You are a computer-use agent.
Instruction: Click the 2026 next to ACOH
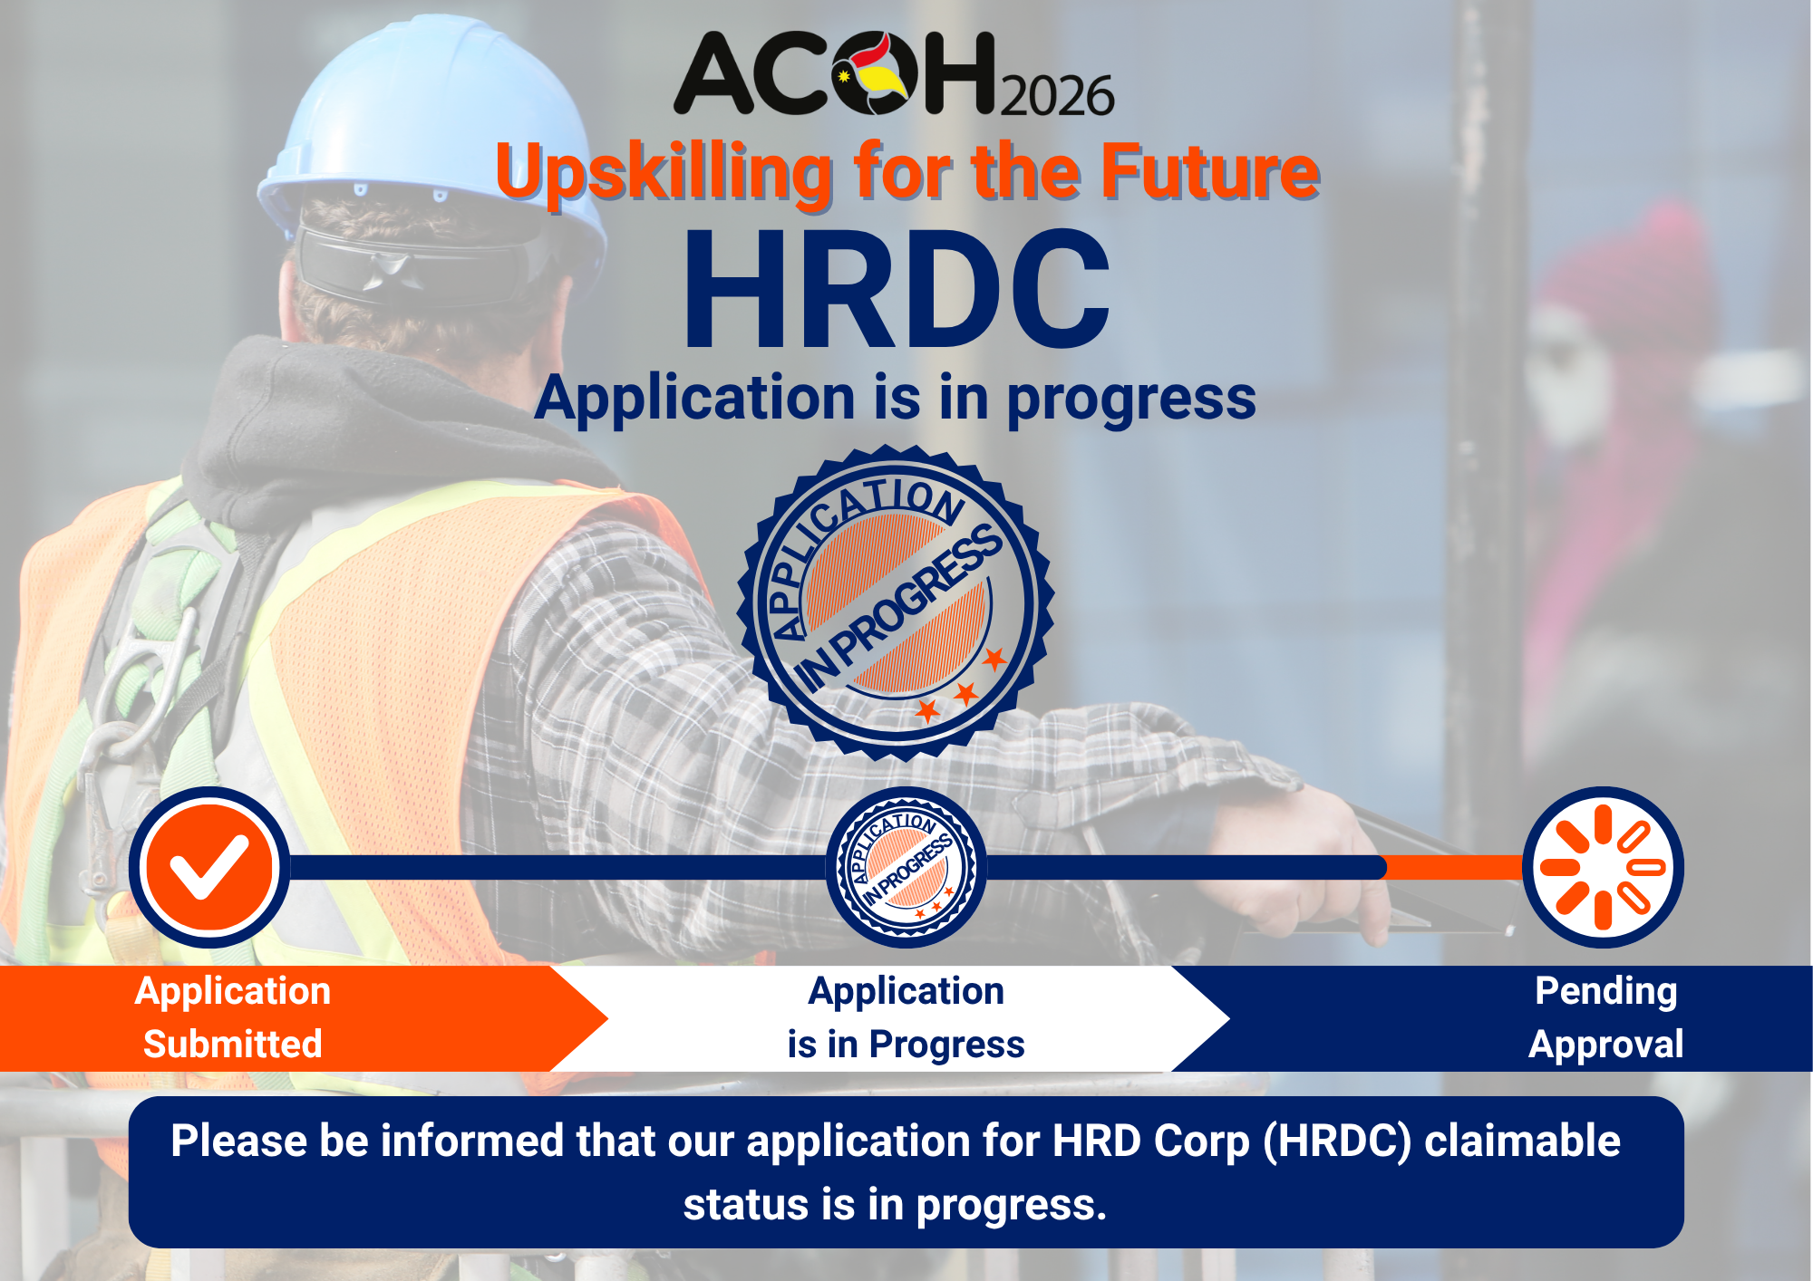tap(1057, 96)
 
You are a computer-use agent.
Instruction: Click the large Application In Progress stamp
tap(896, 602)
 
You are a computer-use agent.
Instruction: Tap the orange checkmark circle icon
tap(209, 867)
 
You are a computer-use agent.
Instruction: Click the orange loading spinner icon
tap(1603, 867)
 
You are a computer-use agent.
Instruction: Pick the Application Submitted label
tap(233, 1017)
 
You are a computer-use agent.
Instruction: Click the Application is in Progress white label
tap(906, 1017)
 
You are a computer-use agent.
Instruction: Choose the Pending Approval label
tap(1605, 1017)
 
